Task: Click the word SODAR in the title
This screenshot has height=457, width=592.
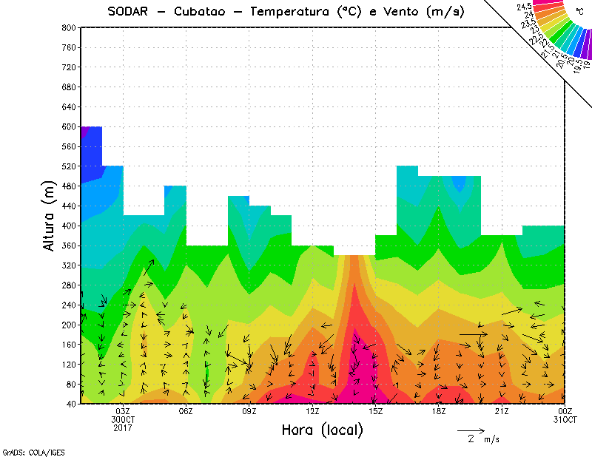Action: (128, 11)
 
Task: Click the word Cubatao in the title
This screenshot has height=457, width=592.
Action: (202, 11)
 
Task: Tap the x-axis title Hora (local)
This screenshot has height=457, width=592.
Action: (322, 430)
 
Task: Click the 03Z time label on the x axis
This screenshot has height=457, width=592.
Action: (123, 412)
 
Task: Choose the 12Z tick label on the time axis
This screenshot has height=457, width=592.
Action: (312, 412)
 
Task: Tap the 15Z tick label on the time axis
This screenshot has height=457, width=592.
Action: (375, 412)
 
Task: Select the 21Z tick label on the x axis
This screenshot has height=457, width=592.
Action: (502, 412)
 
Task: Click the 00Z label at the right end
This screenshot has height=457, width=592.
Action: (565, 412)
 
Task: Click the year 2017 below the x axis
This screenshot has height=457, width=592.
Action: (123, 427)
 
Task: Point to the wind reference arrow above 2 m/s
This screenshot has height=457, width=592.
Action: (471, 430)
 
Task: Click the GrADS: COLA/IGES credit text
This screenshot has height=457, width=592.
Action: (24, 451)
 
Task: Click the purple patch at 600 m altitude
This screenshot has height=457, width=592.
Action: (84, 132)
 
